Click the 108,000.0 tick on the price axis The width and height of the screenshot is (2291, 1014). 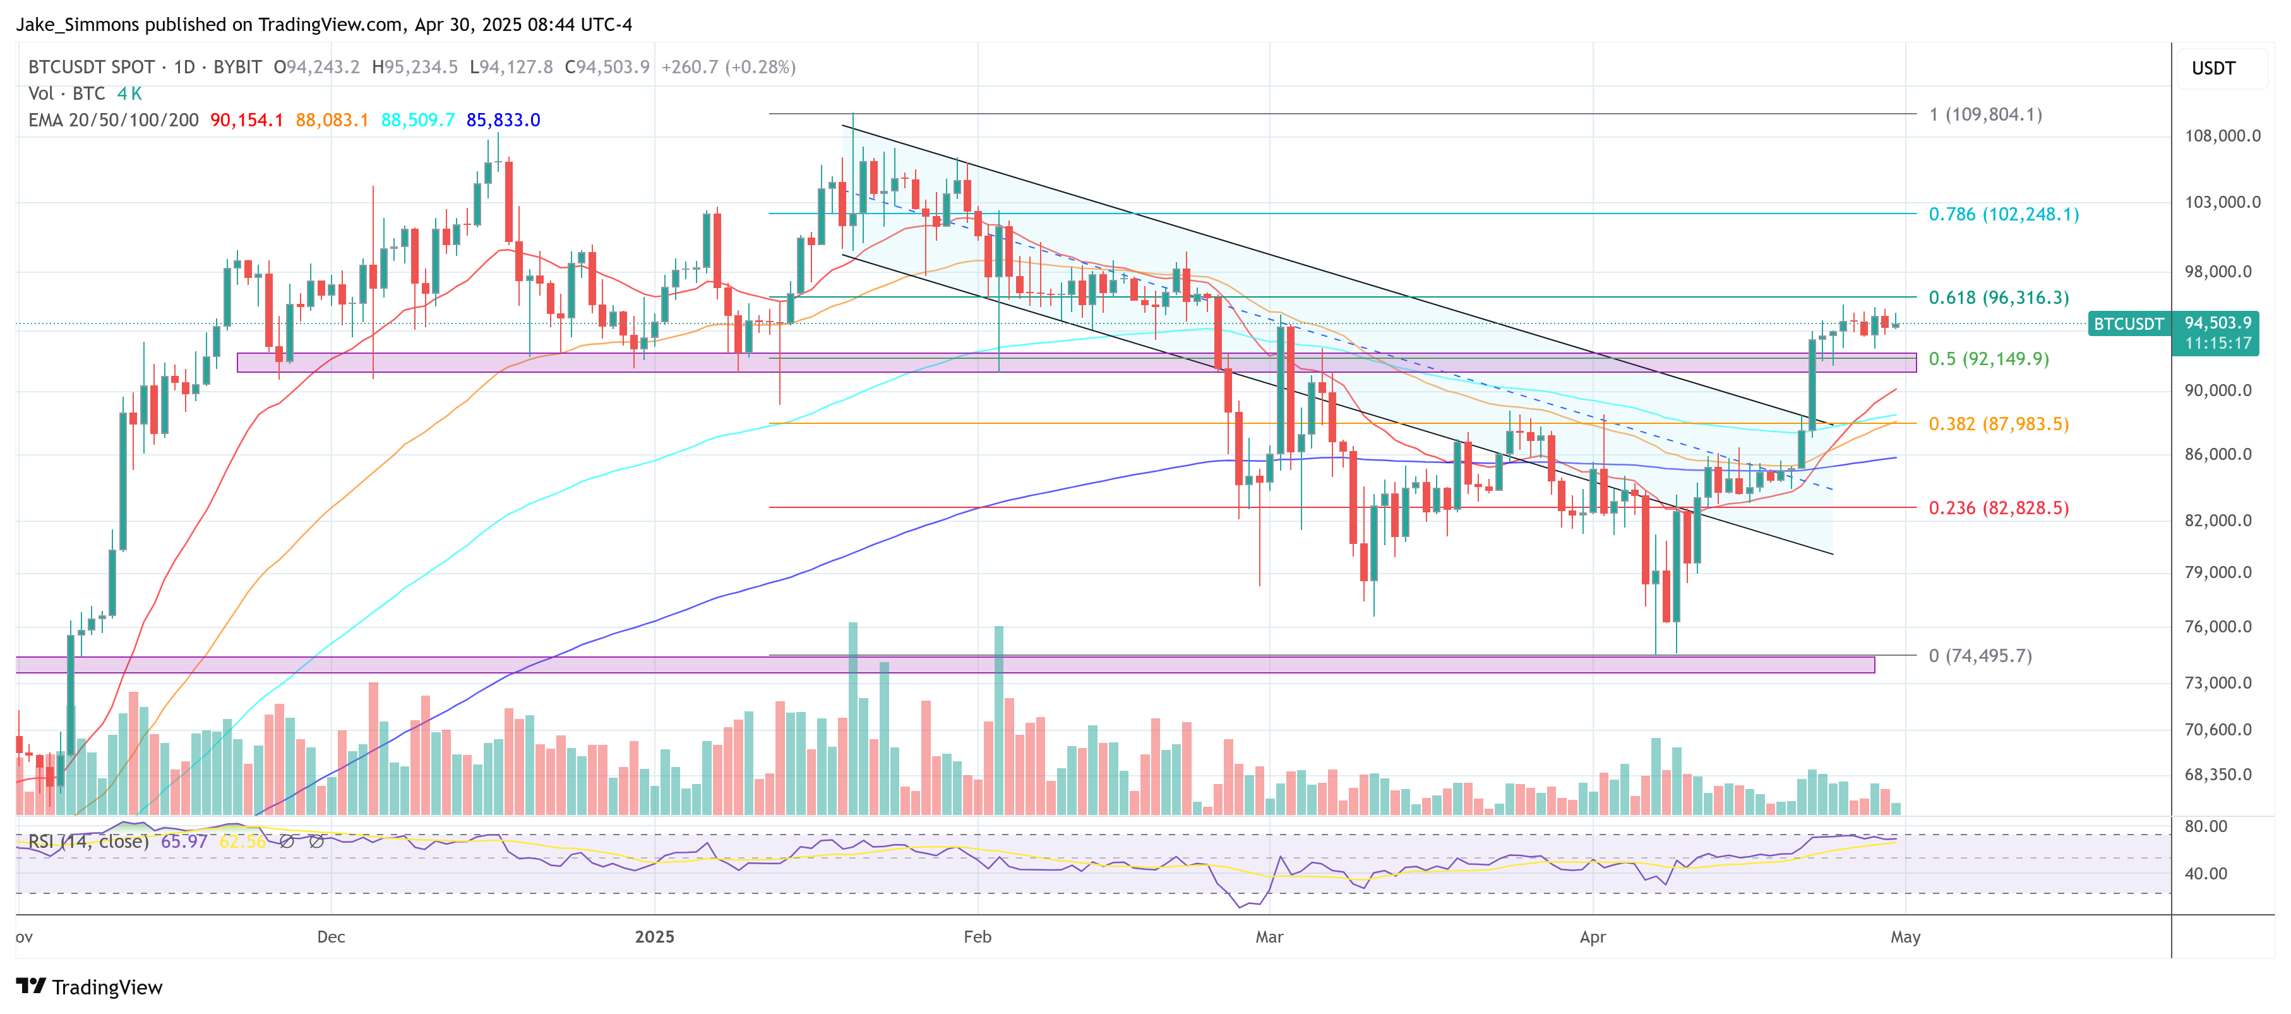tap(2222, 136)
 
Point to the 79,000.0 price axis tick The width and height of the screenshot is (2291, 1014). tap(2222, 572)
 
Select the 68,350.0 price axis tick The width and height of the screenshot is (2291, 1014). tap(2222, 774)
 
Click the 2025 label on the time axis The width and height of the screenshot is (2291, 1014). tap(655, 937)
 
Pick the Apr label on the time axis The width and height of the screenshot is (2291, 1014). tap(1592, 937)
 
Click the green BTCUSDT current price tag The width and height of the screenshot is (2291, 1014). tap(2127, 323)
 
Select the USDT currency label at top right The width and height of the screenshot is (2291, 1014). tap(2213, 68)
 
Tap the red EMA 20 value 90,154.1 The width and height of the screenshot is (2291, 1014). tap(246, 120)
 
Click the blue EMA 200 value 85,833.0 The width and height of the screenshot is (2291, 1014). tap(503, 120)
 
